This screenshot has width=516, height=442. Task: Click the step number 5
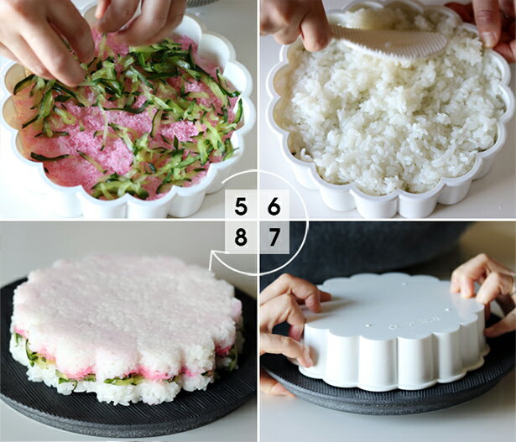(241, 206)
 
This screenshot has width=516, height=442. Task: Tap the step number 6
(274, 206)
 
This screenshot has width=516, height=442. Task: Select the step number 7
(274, 237)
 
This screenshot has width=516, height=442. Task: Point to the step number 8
(241, 237)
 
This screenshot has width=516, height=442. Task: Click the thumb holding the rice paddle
(315, 33)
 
